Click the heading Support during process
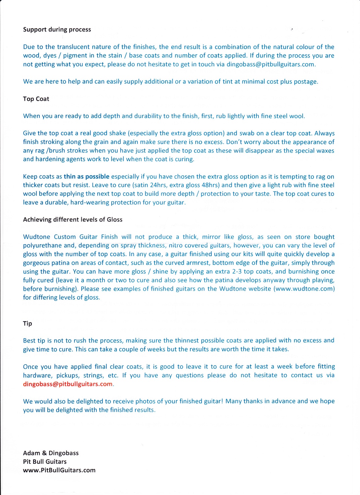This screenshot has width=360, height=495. click(57, 30)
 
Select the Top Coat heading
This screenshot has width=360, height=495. click(36, 99)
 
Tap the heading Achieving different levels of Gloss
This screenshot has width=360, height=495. click(73, 220)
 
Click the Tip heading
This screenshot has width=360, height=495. click(28, 323)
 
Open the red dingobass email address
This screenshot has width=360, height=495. click(68, 384)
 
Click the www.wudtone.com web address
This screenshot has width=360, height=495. click(304, 289)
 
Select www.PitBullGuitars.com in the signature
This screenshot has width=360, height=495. click(59, 470)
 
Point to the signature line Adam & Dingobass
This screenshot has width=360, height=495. click(51, 453)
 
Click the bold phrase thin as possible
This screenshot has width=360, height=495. click(86, 177)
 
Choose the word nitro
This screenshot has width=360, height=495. click(177, 245)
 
